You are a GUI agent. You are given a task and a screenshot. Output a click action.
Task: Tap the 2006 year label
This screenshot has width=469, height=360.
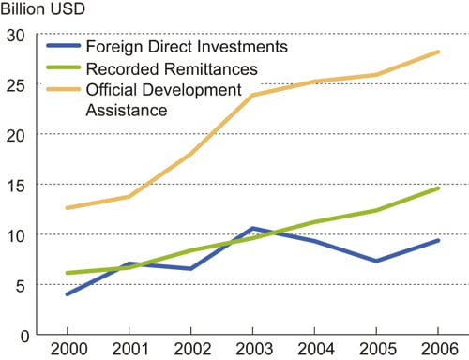(437, 349)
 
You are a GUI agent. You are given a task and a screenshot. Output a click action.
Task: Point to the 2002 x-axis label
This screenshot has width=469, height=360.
(190, 349)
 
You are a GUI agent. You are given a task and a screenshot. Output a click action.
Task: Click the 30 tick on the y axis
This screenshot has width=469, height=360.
(15, 35)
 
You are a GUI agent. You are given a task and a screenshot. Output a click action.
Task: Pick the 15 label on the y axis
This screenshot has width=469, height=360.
(15, 185)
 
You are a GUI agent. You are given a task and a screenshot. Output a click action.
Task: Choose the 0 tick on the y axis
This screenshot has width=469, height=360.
(21, 335)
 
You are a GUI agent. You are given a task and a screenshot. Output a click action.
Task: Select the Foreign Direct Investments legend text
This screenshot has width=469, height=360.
(186, 46)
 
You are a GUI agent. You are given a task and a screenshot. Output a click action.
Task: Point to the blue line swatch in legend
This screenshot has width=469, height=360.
(64, 46)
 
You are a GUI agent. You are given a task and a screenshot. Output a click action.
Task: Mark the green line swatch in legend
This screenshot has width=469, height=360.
(64, 68)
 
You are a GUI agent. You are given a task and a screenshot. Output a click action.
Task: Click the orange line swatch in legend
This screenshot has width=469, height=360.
(64, 90)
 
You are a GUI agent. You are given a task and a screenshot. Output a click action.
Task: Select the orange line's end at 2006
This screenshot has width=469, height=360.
(437, 52)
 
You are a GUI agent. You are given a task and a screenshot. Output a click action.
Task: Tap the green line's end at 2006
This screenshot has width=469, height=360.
(437, 188)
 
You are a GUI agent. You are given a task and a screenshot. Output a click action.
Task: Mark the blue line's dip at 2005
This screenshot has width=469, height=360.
(375, 261)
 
